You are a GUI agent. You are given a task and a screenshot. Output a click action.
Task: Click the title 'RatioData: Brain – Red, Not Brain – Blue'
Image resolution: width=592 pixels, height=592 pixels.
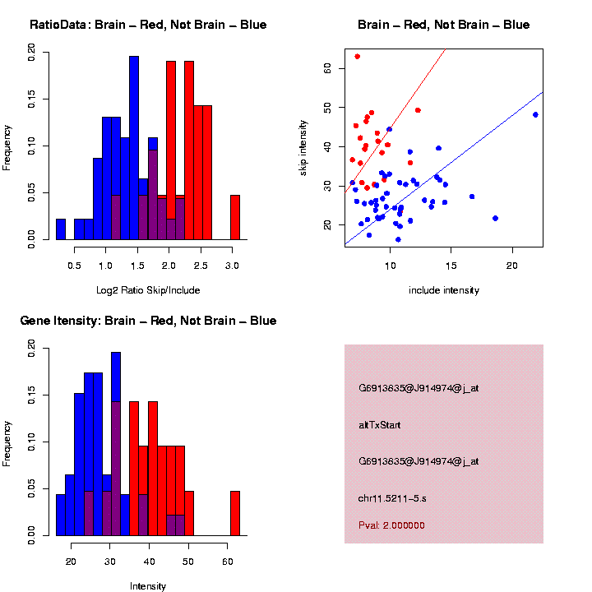(148, 25)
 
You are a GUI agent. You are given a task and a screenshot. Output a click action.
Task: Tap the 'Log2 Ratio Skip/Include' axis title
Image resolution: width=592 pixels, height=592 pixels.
(148, 290)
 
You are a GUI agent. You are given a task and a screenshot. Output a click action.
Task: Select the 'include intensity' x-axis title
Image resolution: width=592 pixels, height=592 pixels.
(444, 290)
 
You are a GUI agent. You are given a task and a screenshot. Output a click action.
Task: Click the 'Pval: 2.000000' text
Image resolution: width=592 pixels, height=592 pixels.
(391, 525)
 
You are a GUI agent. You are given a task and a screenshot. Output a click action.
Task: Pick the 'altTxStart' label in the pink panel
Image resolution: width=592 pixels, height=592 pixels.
(380, 425)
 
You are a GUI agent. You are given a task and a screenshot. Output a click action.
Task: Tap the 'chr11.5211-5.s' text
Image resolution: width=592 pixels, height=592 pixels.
(391, 497)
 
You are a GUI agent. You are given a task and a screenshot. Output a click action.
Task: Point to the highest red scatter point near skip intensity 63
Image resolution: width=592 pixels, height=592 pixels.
(357, 56)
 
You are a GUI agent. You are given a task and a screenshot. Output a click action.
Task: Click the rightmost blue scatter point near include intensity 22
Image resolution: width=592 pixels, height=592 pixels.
(535, 114)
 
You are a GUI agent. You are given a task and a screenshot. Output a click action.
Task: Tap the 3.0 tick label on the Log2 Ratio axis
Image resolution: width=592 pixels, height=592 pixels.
(232, 265)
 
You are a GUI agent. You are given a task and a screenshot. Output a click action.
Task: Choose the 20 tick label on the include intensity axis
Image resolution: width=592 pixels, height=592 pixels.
(511, 265)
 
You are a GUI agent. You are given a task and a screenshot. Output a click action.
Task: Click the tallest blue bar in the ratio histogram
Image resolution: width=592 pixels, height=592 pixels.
(134, 148)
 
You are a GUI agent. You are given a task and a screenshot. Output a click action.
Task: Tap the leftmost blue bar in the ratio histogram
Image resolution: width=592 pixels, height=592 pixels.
(61, 229)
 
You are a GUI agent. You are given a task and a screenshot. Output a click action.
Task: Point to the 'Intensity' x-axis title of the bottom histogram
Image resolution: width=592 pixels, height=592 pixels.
(148, 586)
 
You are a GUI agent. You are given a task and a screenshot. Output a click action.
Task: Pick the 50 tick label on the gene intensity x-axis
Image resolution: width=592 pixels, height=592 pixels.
(188, 561)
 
